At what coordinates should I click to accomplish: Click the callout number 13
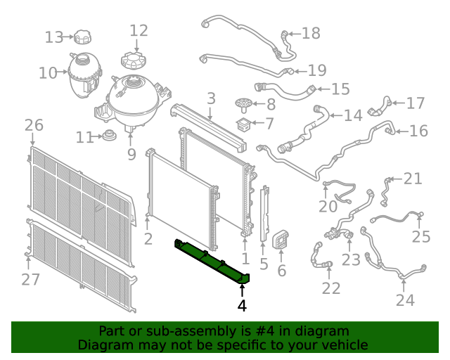(x=54, y=37)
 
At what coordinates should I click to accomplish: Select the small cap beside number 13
(x=83, y=37)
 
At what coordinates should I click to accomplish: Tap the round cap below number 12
(x=134, y=60)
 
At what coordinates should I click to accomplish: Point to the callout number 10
(x=48, y=72)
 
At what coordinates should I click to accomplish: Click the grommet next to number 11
(x=110, y=135)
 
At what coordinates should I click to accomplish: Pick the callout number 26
(x=34, y=125)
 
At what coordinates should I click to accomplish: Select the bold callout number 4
(x=242, y=305)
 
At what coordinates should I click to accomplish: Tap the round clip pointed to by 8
(x=244, y=105)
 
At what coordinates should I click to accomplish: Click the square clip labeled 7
(x=244, y=124)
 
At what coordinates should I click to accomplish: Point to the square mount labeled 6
(x=281, y=240)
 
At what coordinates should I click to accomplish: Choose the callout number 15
(x=340, y=89)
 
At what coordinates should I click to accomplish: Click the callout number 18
(x=311, y=33)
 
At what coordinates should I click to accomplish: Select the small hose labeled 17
(x=380, y=106)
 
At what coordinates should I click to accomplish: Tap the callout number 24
(x=405, y=300)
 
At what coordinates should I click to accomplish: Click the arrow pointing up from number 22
(x=329, y=274)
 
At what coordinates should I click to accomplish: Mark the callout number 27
(x=30, y=279)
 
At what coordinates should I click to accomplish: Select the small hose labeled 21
(x=386, y=191)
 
